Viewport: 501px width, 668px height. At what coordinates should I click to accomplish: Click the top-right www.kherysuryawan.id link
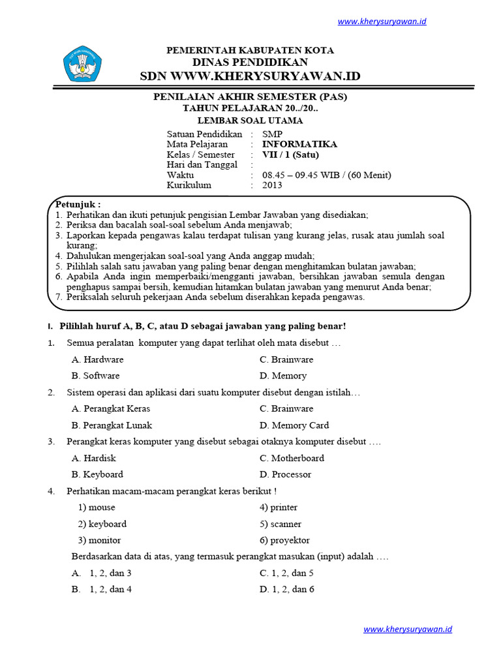point(382,22)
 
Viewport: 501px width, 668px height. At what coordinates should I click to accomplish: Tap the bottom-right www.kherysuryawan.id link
point(408,630)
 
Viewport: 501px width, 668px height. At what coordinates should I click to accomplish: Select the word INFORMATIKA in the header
point(299,144)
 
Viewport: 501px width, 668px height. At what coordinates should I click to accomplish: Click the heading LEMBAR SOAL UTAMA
point(250,121)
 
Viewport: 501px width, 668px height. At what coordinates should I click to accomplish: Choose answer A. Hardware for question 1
point(98,359)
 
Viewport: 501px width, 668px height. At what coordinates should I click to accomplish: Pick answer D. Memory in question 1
point(282,376)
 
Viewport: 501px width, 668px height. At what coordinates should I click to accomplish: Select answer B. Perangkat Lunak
point(112,425)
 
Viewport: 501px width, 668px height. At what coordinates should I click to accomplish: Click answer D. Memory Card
point(294,425)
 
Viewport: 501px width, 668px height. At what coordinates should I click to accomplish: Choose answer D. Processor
point(285,474)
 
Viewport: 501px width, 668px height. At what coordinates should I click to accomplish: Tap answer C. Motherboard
point(291,458)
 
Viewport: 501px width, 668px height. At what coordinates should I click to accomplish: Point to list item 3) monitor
point(99,540)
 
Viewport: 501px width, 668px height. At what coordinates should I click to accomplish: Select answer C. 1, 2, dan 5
point(286,573)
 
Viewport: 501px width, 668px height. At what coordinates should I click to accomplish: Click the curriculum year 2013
point(272,185)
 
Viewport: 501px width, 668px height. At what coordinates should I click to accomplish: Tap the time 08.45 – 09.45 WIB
point(303,175)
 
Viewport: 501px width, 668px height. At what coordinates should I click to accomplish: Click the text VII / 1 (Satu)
point(290,155)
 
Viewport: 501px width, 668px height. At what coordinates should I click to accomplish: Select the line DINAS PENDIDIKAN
point(250,62)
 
